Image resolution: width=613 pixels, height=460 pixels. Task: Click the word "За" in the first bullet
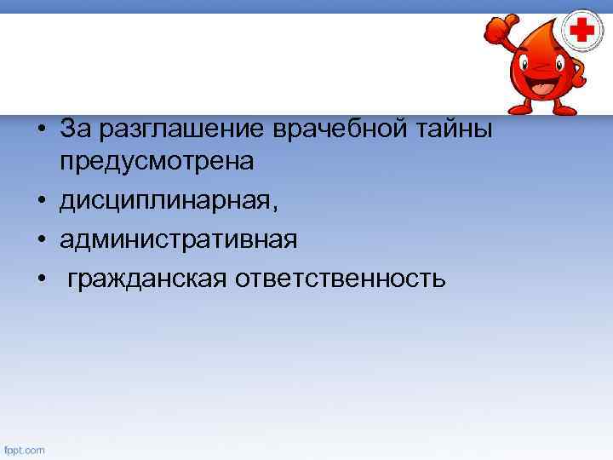(x=75, y=128)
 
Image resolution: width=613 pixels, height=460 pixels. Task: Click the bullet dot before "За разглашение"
(x=40, y=129)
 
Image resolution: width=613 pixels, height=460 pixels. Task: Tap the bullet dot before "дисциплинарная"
(x=40, y=204)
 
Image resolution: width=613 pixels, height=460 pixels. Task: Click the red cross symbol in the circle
(x=583, y=32)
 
